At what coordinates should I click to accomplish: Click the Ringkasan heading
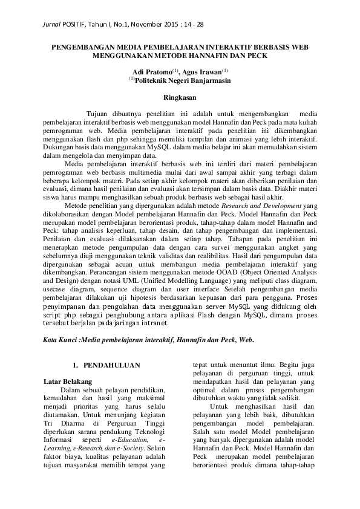180,96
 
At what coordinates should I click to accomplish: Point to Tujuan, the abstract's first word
99,113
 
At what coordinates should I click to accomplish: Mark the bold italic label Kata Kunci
61,340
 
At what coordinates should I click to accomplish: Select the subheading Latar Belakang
68,382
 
